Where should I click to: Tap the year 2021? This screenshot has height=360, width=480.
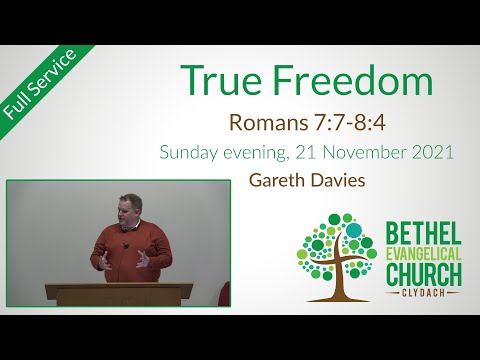[x=434, y=154]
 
